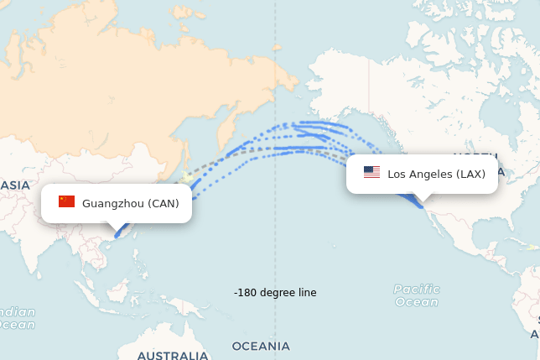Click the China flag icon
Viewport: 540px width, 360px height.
pyautogui.click(x=66, y=201)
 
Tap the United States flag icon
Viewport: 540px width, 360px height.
pyautogui.click(x=371, y=173)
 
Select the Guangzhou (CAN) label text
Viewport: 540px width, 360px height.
pyautogui.click(x=131, y=203)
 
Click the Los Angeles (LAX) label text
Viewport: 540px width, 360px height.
pyautogui.click(x=436, y=174)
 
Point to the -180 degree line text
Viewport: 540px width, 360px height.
pyautogui.click(x=275, y=293)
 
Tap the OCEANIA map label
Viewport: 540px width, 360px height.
pyautogui.click(x=261, y=346)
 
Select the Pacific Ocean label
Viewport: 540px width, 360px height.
pyautogui.click(x=416, y=295)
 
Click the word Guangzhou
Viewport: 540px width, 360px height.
pyautogui.click(x=113, y=203)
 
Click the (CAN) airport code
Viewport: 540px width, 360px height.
pyautogui.click(x=164, y=203)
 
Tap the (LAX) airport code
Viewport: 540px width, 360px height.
pyautogui.click(x=471, y=174)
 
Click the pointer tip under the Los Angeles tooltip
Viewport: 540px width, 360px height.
pyautogui.click(x=422, y=199)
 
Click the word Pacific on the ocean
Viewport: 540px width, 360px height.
pyautogui.click(x=416, y=290)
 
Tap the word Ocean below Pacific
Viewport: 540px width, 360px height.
pyautogui.click(x=416, y=302)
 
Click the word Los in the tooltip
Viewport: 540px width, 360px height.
pyautogui.click(x=396, y=174)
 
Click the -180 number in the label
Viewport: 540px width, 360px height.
pyautogui.click(x=246, y=293)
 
